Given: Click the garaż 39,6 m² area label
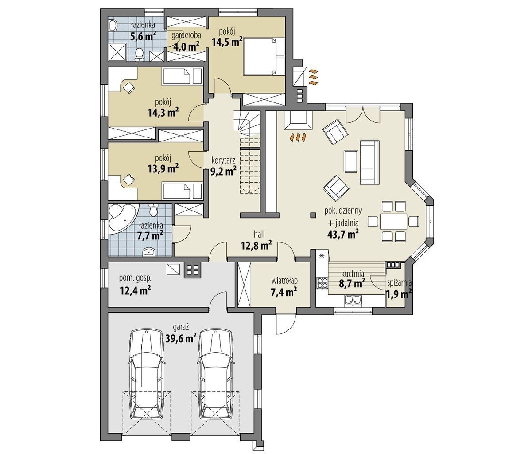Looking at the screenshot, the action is pos(180,333).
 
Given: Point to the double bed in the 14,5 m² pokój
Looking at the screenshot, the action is pos(264,56).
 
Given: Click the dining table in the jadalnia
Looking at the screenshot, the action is pos(394,221).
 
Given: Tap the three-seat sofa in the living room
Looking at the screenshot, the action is pos(369,162).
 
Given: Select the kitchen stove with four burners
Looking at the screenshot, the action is pos(322,283).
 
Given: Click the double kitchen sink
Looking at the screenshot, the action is pos(353,301).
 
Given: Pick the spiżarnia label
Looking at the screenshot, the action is pos(399,282).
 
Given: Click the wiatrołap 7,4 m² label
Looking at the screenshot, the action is pos(284,286).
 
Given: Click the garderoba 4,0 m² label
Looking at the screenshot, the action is pos(187,41).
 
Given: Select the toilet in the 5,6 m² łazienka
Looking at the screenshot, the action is pos(140,54).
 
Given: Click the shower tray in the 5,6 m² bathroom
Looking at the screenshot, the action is pos(117,52).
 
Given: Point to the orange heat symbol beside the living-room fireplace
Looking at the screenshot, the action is pos(298,138).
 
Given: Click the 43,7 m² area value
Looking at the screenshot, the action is pos(343,234).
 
